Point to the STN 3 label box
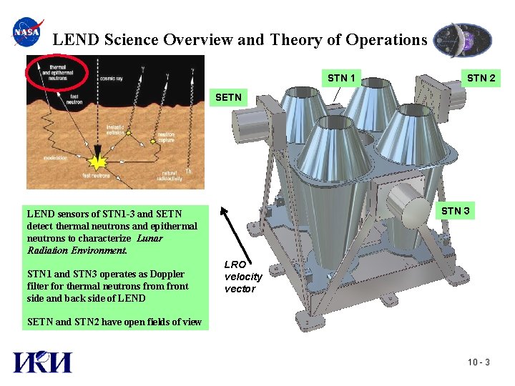coord(456,211)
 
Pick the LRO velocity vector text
coord(243,277)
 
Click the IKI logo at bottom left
coord(42,362)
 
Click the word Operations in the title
coord(386,40)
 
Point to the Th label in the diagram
coord(188,171)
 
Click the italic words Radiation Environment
coord(76,251)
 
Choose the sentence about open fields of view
coord(114,322)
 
